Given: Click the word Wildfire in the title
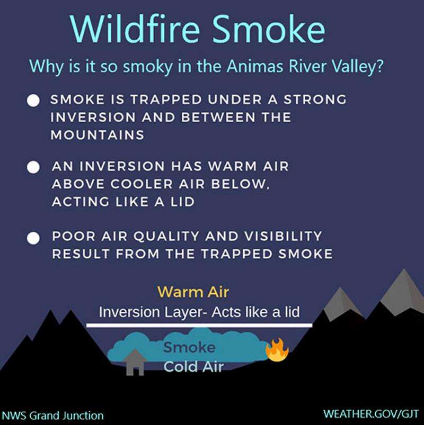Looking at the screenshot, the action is point(135,29).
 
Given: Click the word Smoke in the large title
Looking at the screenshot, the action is point(269,29).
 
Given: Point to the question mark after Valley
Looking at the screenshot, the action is point(379,66).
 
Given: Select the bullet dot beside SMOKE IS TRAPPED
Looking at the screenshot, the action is point(33,100).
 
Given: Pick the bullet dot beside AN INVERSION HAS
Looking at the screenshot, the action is point(33,167).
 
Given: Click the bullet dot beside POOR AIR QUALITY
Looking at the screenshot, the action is point(33,238).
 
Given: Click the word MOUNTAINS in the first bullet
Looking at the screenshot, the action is point(97,135).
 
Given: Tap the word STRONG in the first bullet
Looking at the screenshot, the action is point(315,100).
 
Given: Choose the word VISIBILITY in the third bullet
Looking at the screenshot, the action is point(283,236).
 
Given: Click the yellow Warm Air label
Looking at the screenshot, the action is point(193,292).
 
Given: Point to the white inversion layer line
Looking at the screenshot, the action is point(199,325).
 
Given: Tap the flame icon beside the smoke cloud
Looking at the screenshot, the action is point(277,350).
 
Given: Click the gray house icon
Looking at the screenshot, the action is point(135,363).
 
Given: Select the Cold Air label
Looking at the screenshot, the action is point(193,367).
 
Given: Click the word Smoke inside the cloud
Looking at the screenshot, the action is point(189,347).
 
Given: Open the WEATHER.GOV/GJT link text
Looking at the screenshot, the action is point(371,414).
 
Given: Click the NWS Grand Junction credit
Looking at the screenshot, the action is point(53,415).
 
